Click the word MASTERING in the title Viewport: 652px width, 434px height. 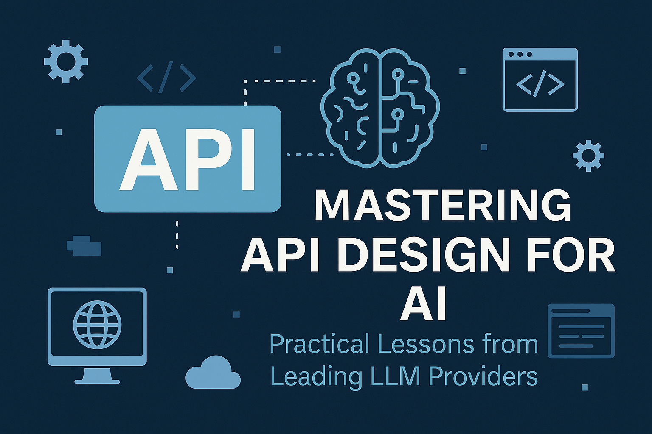(442, 205)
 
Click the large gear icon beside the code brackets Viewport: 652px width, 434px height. (66, 61)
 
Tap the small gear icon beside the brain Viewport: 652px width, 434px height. (589, 156)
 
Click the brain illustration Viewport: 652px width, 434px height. (380, 108)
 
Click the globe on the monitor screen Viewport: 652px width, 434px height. (97, 325)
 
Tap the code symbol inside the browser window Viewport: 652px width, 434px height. (540, 85)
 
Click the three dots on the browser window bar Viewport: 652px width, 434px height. (520, 54)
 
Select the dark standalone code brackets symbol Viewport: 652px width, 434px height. (166, 78)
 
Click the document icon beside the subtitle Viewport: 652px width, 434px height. (581, 331)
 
